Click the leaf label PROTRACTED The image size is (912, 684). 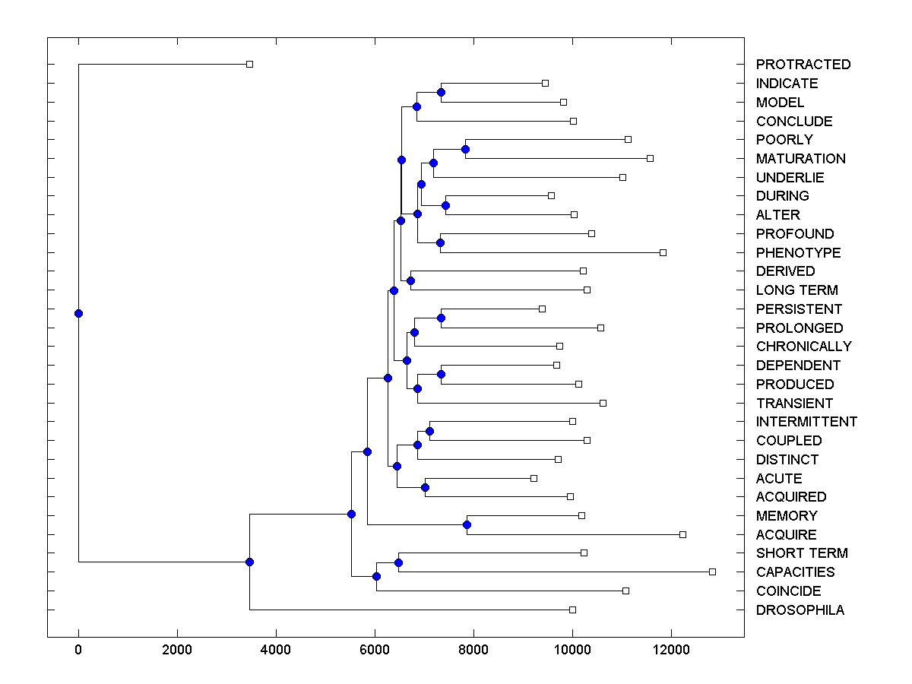(803, 65)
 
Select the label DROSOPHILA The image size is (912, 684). (800, 610)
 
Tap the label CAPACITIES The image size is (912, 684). (795, 572)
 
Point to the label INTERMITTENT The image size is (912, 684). (806, 422)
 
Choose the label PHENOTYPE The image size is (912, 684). (798, 253)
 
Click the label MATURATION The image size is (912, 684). (800, 159)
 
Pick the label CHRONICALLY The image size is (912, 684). (803, 347)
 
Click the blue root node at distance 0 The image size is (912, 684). (78, 313)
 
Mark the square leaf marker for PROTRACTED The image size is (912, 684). (249, 65)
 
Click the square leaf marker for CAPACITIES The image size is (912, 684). (712, 572)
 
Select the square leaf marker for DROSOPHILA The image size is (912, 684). (572, 610)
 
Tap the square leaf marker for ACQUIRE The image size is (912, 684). (682, 534)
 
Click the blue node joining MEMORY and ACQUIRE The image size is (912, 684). (467, 525)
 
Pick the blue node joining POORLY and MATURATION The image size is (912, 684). (465, 149)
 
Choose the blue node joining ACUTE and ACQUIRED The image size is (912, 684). (425, 487)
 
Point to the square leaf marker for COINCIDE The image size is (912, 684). (625, 591)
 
